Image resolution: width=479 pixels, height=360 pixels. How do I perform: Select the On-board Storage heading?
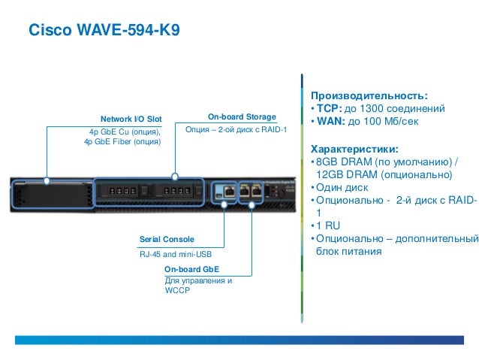(x=242, y=117)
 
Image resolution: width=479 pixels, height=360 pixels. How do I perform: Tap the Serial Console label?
(x=167, y=238)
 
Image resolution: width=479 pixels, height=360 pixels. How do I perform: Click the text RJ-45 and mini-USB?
(x=175, y=254)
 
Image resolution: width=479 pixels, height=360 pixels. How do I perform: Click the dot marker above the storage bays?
(x=175, y=178)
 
